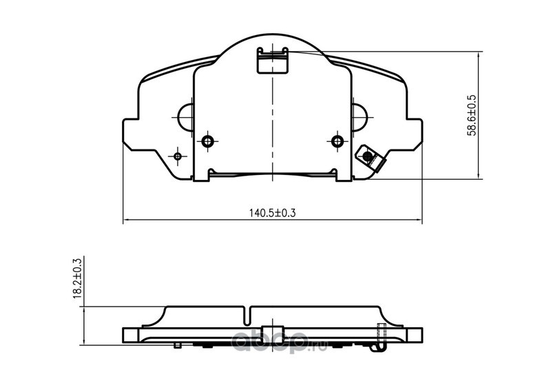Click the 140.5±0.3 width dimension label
[x=272, y=213]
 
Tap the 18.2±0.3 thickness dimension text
[x=77, y=278]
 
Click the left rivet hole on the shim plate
[x=208, y=141]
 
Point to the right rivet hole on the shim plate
[x=337, y=141]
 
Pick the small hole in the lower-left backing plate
[x=178, y=156]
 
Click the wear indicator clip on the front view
[x=370, y=158]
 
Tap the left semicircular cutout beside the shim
[x=185, y=117]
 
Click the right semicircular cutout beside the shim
[x=360, y=117]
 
